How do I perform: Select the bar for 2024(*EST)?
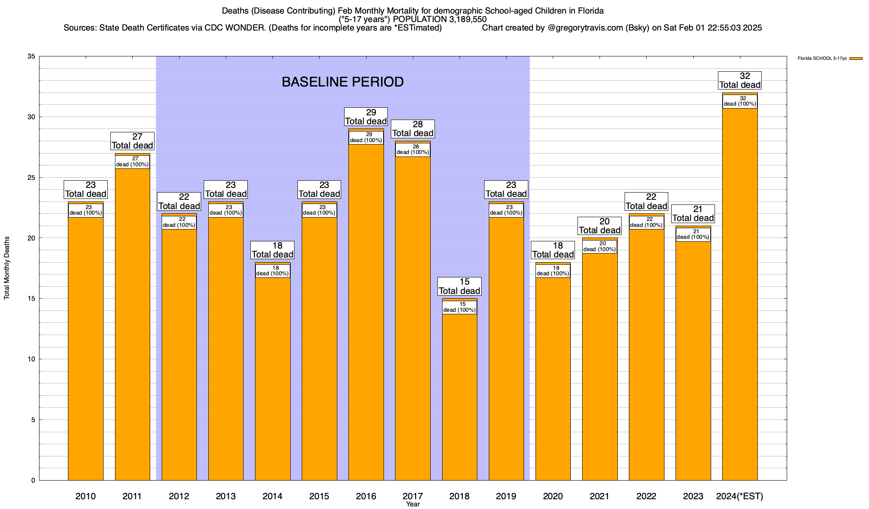(x=740, y=297)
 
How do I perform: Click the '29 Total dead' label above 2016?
(x=366, y=117)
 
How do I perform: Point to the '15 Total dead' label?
(x=460, y=286)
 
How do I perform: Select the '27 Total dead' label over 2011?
(x=132, y=141)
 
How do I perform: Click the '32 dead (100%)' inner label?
(x=740, y=101)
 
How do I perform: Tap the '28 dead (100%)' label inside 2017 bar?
(x=412, y=150)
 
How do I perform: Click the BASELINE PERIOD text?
(x=342, y=82)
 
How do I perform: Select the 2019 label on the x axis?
(x=506, y=496)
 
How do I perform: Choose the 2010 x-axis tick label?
(x=86, y=496)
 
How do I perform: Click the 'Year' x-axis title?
(x=412, y=504)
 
